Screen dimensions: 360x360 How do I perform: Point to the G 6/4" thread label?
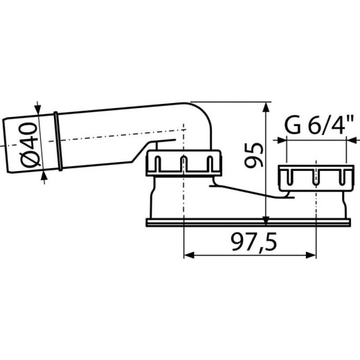pos(318,127)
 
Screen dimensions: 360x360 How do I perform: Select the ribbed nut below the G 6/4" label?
pos(316,176)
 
